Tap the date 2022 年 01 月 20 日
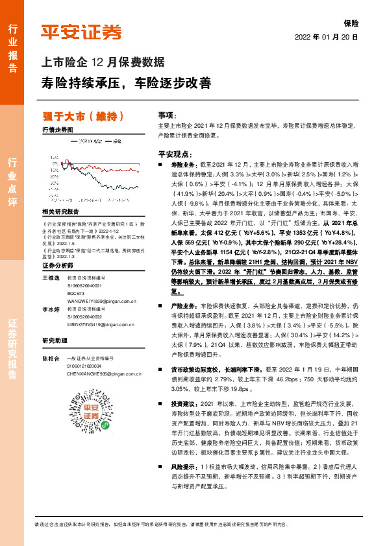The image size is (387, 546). coord(327,37)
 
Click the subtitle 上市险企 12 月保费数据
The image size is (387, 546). coord(103,63)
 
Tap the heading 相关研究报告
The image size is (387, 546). coord(60,212)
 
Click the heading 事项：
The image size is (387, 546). coord(168,113)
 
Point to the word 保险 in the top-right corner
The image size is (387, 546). coord(351,22)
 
